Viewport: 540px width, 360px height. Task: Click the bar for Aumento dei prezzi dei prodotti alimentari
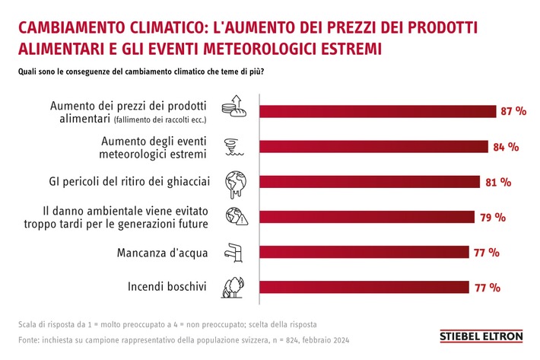coord(376,111)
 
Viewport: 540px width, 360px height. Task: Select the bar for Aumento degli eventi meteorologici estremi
coord(373,147)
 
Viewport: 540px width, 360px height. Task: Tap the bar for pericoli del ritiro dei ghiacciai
coord(369,182)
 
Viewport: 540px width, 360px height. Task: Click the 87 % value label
coord(513,111)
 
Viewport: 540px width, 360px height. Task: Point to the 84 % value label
coord(506,147)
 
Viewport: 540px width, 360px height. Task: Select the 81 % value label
coord(498,183)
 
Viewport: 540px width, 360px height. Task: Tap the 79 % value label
coord(493,218)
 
